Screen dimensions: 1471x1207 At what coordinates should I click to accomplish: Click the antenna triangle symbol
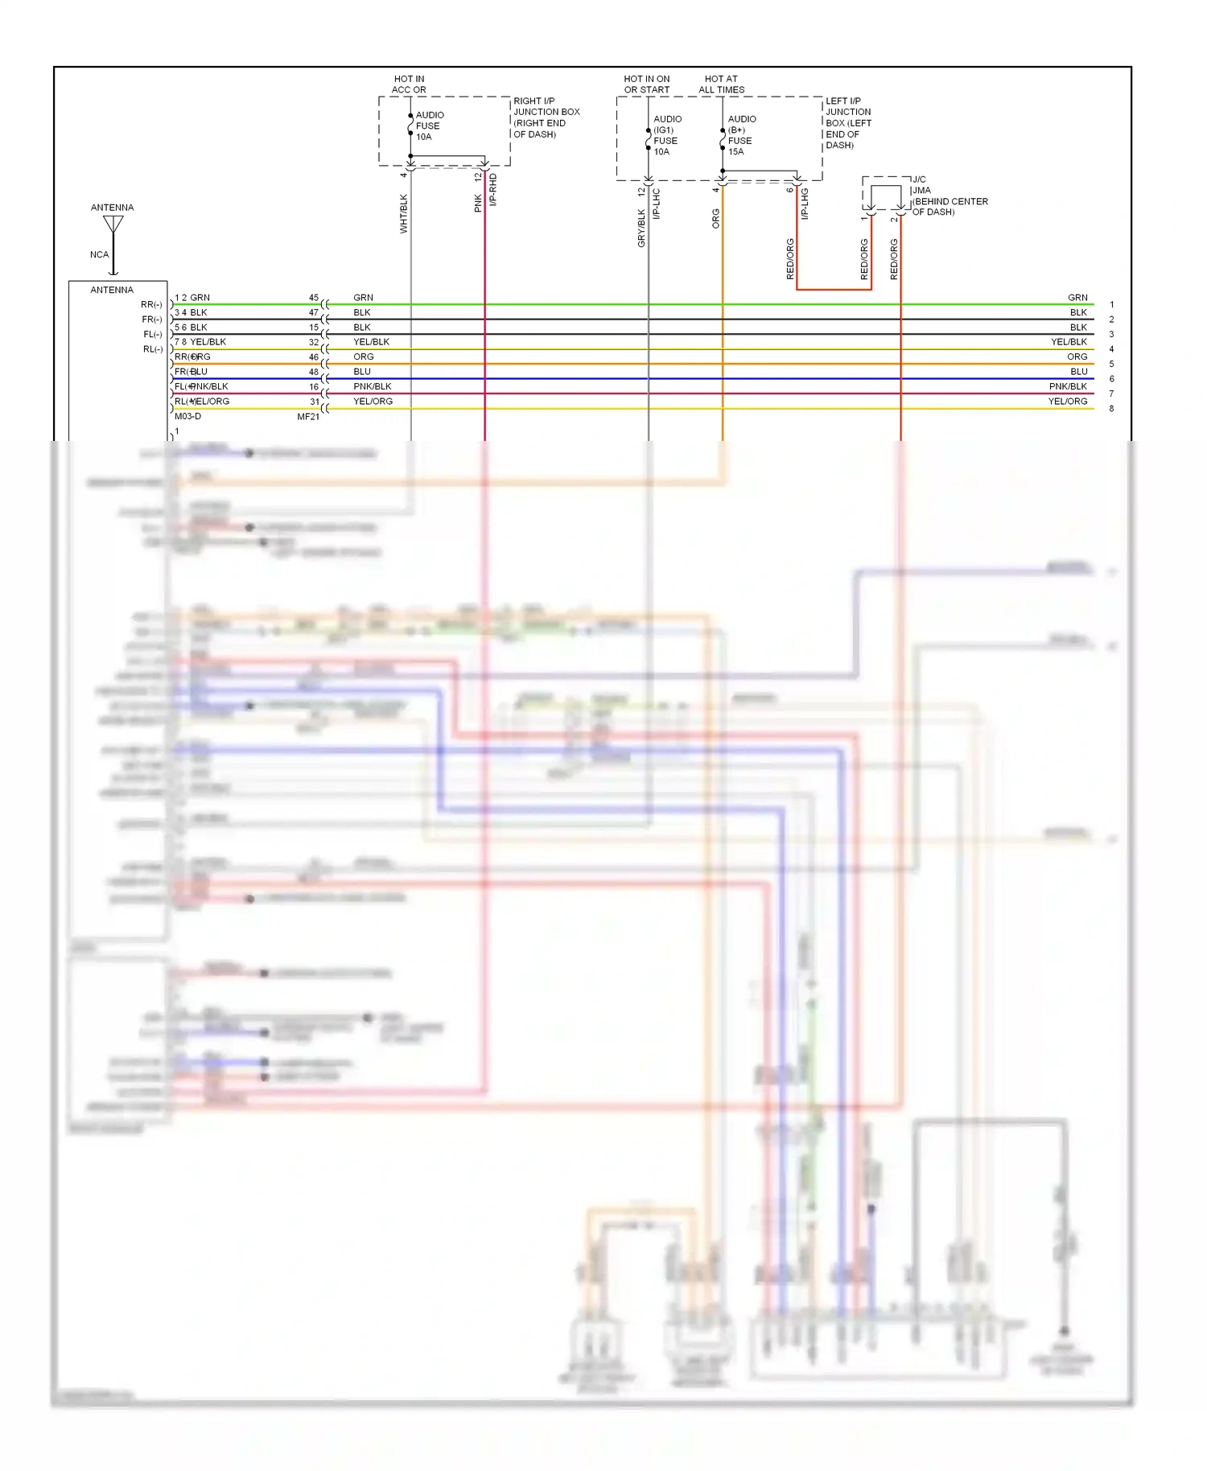pyautogui.click(x=113, y=224)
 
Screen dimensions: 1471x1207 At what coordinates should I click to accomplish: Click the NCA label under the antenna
pyautogui.click(x=99, y=255)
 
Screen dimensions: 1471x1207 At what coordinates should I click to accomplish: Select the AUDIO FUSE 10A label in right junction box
pyautogui.click(x=429, y=126)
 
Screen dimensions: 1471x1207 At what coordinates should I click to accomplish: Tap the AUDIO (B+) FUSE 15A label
pyautogui.click(x=741, y=135)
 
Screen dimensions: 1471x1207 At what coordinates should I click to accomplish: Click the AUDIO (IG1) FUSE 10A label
pyautogui.click(x=666, y=135)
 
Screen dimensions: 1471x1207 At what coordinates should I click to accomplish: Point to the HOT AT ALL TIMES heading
pyautogui.click(x=721, y=84)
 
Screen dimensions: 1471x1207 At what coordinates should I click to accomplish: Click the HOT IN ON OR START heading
pyautogui.click(x=646, y=84)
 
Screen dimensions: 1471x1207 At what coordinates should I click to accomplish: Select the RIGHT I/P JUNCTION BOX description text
pyautogui.click(x=546, y=117)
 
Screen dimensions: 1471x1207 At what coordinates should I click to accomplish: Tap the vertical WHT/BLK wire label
pyautogui.click(x=404, y=214)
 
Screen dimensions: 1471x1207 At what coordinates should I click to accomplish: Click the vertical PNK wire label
pyautogui.click(x=478, y=203)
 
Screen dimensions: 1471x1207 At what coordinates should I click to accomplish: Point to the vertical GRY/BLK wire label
pyautogui.click(x=641, y=228)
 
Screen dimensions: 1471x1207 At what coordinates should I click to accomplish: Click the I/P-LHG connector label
pyautogui.click(x=804, y=204)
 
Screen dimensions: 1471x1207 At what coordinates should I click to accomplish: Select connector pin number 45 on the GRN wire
pyautogui.click(x=314, y=298)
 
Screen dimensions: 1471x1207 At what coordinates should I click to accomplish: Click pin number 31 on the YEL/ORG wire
pyautogui.click(x=315, y=402)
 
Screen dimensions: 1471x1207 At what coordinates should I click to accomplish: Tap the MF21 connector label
pyautogui.click(x=308, y=417)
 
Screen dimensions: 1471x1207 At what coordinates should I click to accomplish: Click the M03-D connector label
pyautogui.click(x=187, y=417)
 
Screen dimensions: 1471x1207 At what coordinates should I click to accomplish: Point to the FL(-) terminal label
pyautogui.click(x=153, y=335)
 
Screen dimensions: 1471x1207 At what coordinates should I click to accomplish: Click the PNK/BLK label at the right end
pyautogui.click(x=1067, y=387)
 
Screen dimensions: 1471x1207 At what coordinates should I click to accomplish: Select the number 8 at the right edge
pyautogui.click(x=1111, y=409)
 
